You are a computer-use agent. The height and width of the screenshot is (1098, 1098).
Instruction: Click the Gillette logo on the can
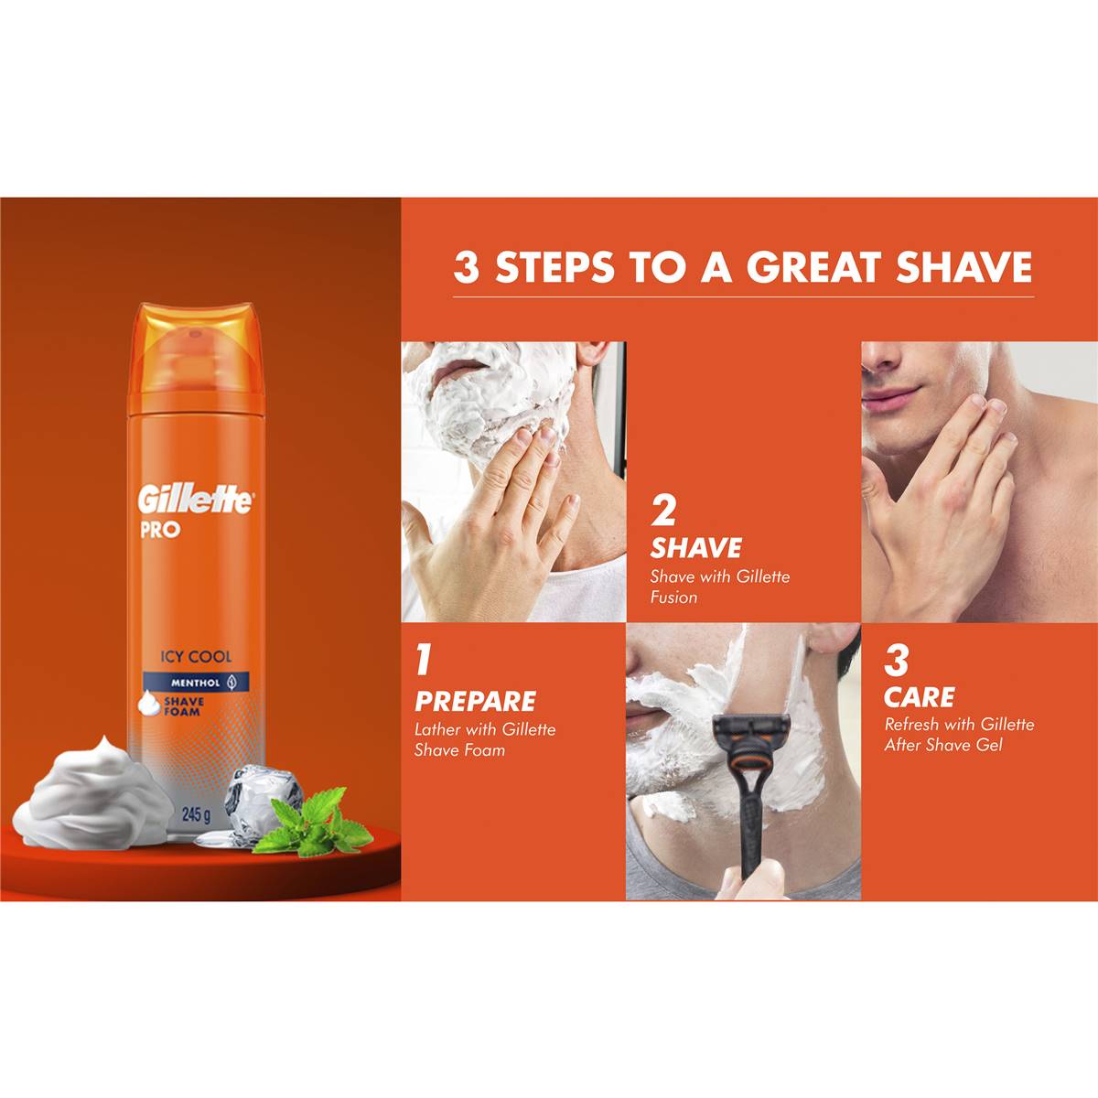pos(195,501)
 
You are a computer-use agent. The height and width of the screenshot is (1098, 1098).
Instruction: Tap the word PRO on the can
pos(160,529)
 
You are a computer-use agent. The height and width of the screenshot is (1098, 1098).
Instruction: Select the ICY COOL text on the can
pos(195,656)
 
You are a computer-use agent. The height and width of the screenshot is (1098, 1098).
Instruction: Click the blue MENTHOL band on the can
pos(195,682)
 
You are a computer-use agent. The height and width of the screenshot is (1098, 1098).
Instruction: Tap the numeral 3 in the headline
pos(466,268)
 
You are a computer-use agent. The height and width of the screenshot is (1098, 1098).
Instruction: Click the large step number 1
pos(423,660)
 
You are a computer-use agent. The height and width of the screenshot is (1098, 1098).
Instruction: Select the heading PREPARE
pos(475,702)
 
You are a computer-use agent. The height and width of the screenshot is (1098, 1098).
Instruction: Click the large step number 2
pos(663,511)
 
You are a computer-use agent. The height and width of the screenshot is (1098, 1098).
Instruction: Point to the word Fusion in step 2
pos(673,597)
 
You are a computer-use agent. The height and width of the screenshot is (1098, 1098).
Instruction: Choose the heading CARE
pos(919,697)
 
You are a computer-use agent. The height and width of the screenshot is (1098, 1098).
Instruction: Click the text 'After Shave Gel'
pos(942,745)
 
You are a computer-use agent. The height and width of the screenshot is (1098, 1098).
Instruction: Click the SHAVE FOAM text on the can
pos(183,707)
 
